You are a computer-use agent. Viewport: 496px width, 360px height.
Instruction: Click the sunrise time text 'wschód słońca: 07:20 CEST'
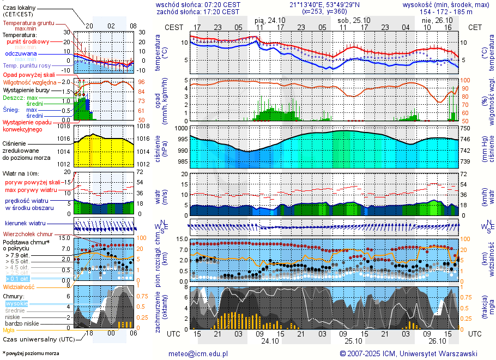point(198,4)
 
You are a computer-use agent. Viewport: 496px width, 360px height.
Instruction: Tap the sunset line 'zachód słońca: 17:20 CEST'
point(198,11)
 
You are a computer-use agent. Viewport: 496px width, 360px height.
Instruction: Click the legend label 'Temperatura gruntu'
point(28,23)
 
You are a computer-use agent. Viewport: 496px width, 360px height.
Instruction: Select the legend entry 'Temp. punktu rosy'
point(27,65)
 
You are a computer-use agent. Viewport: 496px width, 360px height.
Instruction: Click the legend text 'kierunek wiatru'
point(26,224)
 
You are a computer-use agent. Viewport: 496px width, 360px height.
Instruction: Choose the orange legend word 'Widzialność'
point(19,286)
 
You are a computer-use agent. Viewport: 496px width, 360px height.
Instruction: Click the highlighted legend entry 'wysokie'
point(16,303)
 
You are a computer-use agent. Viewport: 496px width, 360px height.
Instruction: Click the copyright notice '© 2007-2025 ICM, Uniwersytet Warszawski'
point(408,353)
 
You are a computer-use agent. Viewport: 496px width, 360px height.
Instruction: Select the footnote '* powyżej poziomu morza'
point(31,353)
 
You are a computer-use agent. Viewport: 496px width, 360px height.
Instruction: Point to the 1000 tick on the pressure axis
point(182,128)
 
